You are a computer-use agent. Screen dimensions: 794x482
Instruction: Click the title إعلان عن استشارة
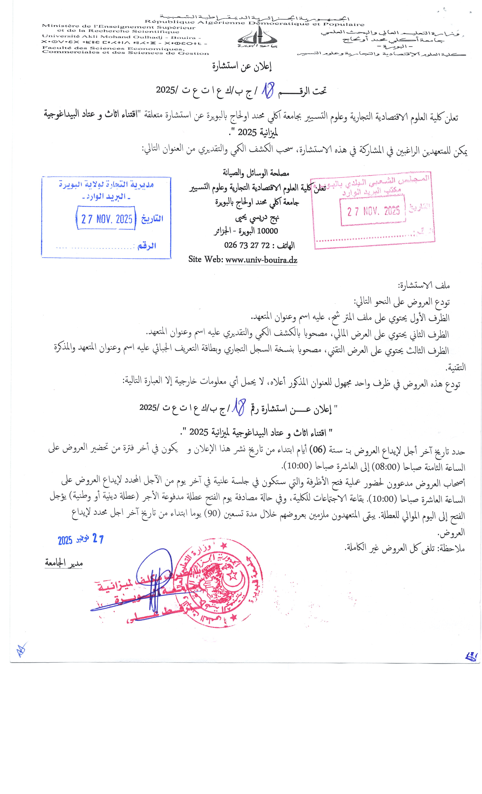pos(242,66)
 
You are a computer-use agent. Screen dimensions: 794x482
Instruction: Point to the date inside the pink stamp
pos(373,211)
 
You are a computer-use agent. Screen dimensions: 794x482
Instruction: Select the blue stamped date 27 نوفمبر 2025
pos(81,539)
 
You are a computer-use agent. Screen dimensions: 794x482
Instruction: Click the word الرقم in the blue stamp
pos(147,246)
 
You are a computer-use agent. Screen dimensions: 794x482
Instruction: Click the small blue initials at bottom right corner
pos(471,657)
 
